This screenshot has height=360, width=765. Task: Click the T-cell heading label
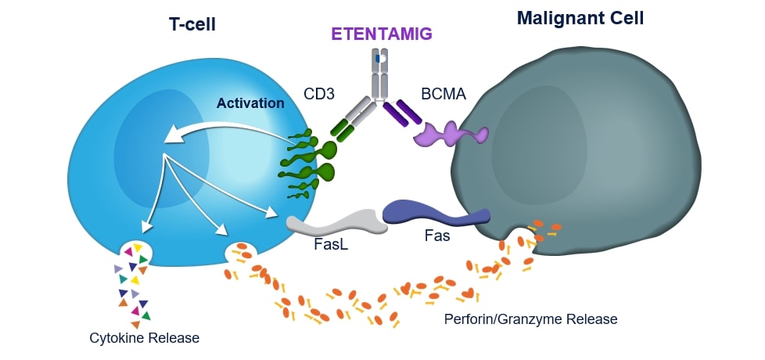(x=192, y=25)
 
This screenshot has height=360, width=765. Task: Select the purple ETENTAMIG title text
(x=382, y=34)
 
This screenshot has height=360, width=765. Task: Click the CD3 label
(x=319, y=95)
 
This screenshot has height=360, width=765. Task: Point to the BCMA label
(x=442, y=95)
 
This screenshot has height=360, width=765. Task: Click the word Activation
(x=251, y=103)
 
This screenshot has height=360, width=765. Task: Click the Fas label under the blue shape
(x=437, y=234)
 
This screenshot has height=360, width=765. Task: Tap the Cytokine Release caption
(x=143, y=338)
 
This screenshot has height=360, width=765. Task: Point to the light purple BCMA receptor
(x=451, y=134)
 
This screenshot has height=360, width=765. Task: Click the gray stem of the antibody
(x=379, y=74)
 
